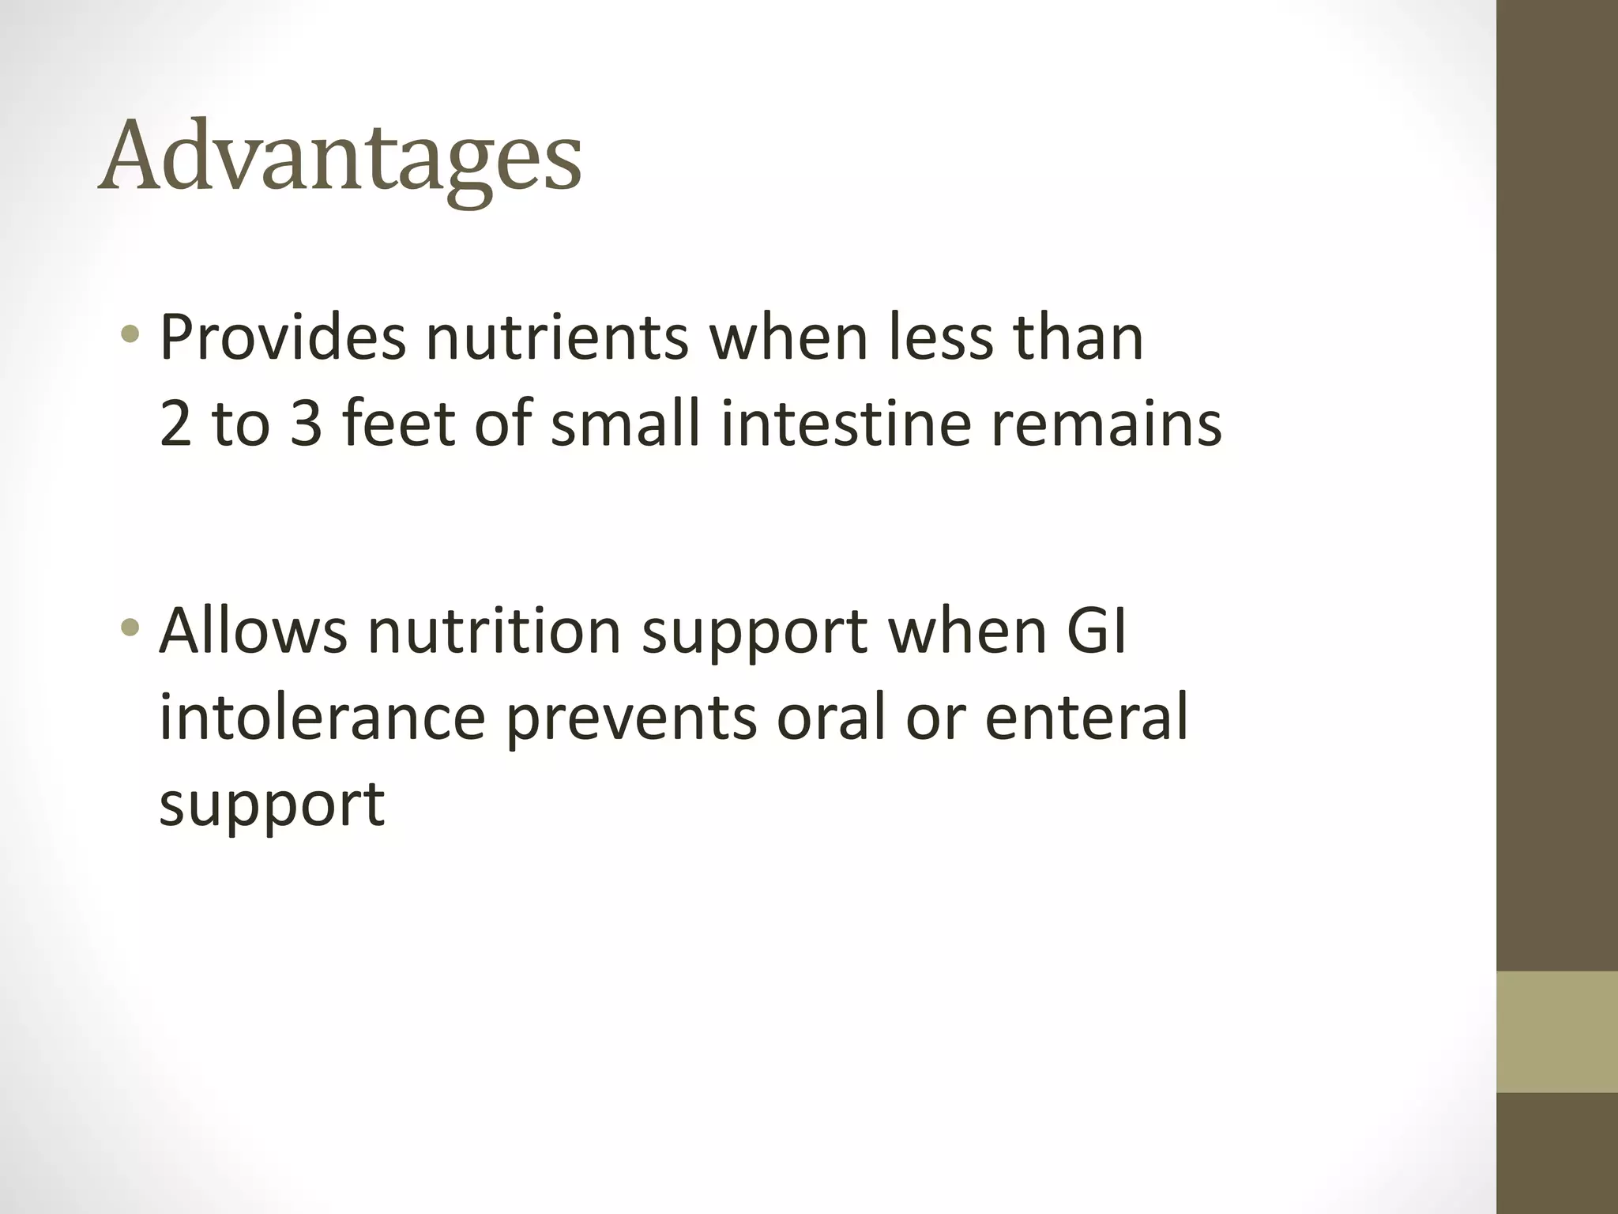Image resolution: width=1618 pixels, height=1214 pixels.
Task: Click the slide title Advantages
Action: coord(340,158)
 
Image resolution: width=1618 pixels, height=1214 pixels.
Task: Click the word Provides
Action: coord(282,337)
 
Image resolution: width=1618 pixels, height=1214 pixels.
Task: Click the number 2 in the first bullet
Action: coord(175,424)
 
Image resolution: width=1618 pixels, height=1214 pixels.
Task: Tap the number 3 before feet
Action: coord(307,424)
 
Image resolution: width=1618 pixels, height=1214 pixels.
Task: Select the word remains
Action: coord(1106,424)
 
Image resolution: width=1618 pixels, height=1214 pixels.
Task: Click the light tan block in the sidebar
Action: coord(1557,1031)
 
